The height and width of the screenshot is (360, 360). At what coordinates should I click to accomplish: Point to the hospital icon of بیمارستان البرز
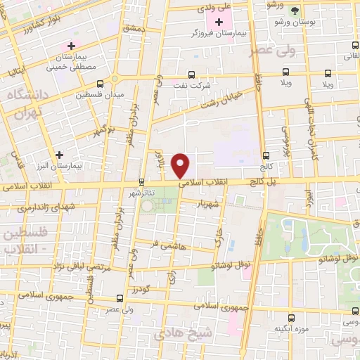coord(59,154)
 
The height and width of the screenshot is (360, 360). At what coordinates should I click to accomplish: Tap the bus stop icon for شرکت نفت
coord(191,74)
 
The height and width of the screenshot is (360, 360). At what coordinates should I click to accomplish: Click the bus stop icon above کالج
coord(265,155)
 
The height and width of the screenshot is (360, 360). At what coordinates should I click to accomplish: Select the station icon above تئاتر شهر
coord(141,181)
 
